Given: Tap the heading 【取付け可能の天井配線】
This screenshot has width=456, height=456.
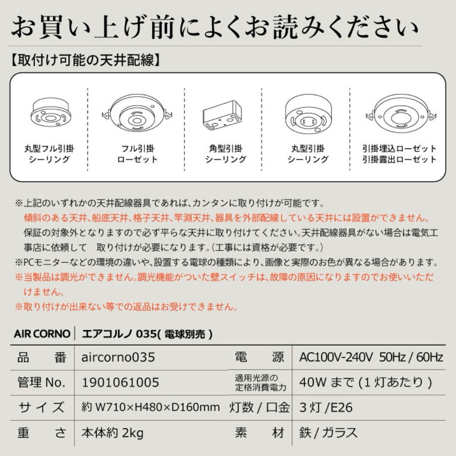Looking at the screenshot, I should click(85, 60).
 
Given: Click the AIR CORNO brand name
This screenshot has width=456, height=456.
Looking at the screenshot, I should click(42, 334).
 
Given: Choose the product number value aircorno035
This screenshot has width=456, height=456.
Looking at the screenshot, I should click(118, 358).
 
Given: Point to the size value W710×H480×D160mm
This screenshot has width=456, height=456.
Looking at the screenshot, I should click(150, 407).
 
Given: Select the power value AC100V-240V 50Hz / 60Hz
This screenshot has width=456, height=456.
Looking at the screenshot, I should click(371, 358).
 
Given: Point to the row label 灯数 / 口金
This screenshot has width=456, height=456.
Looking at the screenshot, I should click(260, 407).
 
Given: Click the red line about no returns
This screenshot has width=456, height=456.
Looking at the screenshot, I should click(126, 306).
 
